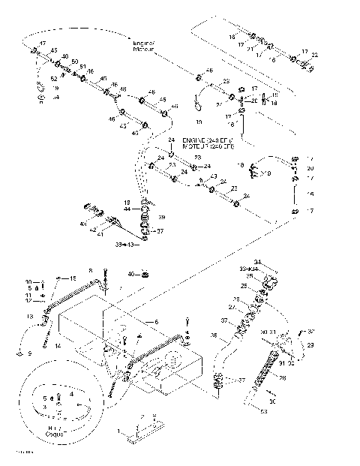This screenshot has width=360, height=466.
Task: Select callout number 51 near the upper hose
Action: (x=82, y=66)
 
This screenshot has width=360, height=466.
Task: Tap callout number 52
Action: (x=53, y=78)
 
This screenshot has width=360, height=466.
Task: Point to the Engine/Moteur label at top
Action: (x=143, y=47)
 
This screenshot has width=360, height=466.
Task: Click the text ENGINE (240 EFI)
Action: (x=207, y=140)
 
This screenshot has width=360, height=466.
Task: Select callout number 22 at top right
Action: (x=315, y=55)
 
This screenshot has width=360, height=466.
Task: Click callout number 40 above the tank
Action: (x=130, y=274)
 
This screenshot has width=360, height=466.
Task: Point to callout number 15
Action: (x=73, y=278)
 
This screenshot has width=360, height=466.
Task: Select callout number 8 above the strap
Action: (x=90, y=270)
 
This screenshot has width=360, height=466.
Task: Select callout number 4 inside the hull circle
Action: (x=71, y=392)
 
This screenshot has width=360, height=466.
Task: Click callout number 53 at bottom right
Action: (x=264, y=411)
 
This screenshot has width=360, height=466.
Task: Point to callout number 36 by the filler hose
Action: (x=214, y=335)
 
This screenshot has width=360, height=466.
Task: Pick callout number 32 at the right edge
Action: (x=312, y=330)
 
